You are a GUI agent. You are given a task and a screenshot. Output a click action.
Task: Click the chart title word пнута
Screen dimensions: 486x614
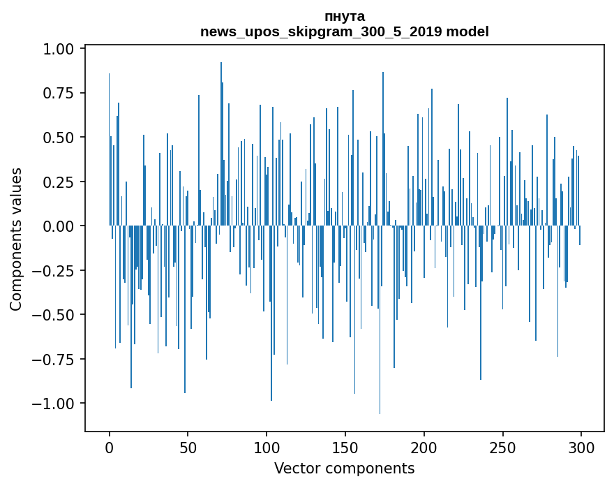(345, 16)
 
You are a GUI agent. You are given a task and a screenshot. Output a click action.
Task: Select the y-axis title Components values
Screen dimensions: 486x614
(16, 239)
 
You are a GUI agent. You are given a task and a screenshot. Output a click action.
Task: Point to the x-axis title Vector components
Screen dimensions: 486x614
(344, 469)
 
